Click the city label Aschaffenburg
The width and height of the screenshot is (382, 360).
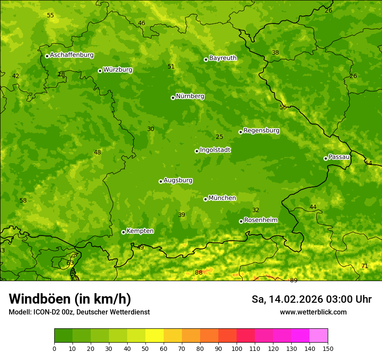(x=72, y=55)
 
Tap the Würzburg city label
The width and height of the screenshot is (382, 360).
(x=118, y=70)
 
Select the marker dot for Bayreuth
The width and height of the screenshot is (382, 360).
(x=206, y=59)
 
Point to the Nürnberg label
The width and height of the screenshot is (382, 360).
(x=190, y=96)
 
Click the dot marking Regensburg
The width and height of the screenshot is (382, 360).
(x=240, y=132)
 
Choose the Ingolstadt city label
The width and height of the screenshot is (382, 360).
(x=215, y=150)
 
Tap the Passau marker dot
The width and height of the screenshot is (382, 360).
(x=326, y=158)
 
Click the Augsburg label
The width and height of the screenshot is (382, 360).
(x=178, y=180)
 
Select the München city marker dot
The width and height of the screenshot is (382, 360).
(x=205, y=199)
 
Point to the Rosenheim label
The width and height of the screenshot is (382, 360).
(x=260, y=220)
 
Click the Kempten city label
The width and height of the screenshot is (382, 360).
(x=140, y=231)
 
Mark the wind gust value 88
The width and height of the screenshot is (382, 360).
(x=198, y=272)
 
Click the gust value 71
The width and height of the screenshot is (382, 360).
(x=365, y=266)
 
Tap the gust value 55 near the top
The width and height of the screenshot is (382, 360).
(x=50, y=15)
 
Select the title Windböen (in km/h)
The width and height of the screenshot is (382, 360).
(x=70, y=299)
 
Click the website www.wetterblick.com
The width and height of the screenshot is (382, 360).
(x=313, y=312)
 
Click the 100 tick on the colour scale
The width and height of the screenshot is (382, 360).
(x=237, y=348)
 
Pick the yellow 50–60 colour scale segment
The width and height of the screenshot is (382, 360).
(x=155, y=335)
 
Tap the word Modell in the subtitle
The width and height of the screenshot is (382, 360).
(x=19, y=312)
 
